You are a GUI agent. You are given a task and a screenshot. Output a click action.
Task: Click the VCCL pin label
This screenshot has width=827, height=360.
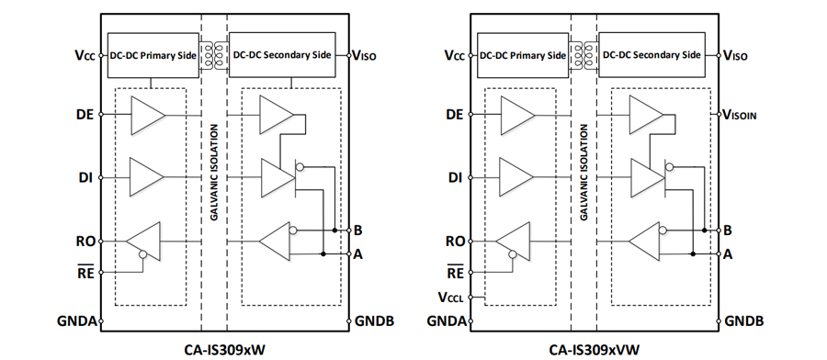[x=450, y=298]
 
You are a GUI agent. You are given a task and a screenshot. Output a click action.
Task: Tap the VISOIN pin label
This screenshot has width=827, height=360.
[x=740, y=115]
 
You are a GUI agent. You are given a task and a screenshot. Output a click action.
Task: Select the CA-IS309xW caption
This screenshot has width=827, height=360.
[x=223, y=349]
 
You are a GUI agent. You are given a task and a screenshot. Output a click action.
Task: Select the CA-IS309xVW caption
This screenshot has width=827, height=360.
[x=593, y=349]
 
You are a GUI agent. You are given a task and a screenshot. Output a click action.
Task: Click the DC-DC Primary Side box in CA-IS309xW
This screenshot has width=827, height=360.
[x=153, y=55]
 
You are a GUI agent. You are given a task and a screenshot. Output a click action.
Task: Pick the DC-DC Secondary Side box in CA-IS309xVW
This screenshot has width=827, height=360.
[x=651, y=55]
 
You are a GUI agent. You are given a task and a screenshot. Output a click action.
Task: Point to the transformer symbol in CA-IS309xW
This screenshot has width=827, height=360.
[x=213, y=55]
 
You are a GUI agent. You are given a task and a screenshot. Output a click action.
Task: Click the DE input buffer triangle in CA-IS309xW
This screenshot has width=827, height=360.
[x=148, y=115]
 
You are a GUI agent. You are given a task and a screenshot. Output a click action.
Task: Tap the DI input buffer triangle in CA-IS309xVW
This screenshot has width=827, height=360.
[x=516, y=177]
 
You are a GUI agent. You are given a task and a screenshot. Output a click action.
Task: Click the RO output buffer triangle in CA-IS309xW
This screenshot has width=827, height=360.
[x=143, y=242]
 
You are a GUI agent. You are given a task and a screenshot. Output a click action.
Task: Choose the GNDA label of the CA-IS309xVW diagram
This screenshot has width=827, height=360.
[x=447, y=321]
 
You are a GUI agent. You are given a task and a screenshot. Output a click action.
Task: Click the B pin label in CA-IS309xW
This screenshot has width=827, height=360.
[x=358, y=231]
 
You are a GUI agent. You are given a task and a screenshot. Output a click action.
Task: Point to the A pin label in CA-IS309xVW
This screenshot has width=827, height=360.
[x=728, y=254]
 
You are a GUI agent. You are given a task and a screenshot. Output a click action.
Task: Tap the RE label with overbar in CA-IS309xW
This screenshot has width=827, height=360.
[x=86, y=272]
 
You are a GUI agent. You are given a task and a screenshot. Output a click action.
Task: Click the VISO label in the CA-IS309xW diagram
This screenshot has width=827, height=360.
[x=364, y=55]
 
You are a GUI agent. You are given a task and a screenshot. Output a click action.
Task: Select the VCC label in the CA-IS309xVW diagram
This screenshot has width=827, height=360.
[x=454, y=55]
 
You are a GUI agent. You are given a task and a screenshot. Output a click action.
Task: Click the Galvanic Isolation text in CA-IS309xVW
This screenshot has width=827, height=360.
[x=583, y=172]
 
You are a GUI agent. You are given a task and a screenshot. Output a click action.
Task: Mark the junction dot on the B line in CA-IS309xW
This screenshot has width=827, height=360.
[x=334, y=231]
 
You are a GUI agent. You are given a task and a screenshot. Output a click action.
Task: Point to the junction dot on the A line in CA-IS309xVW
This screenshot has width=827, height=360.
[x=693, y=254]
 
